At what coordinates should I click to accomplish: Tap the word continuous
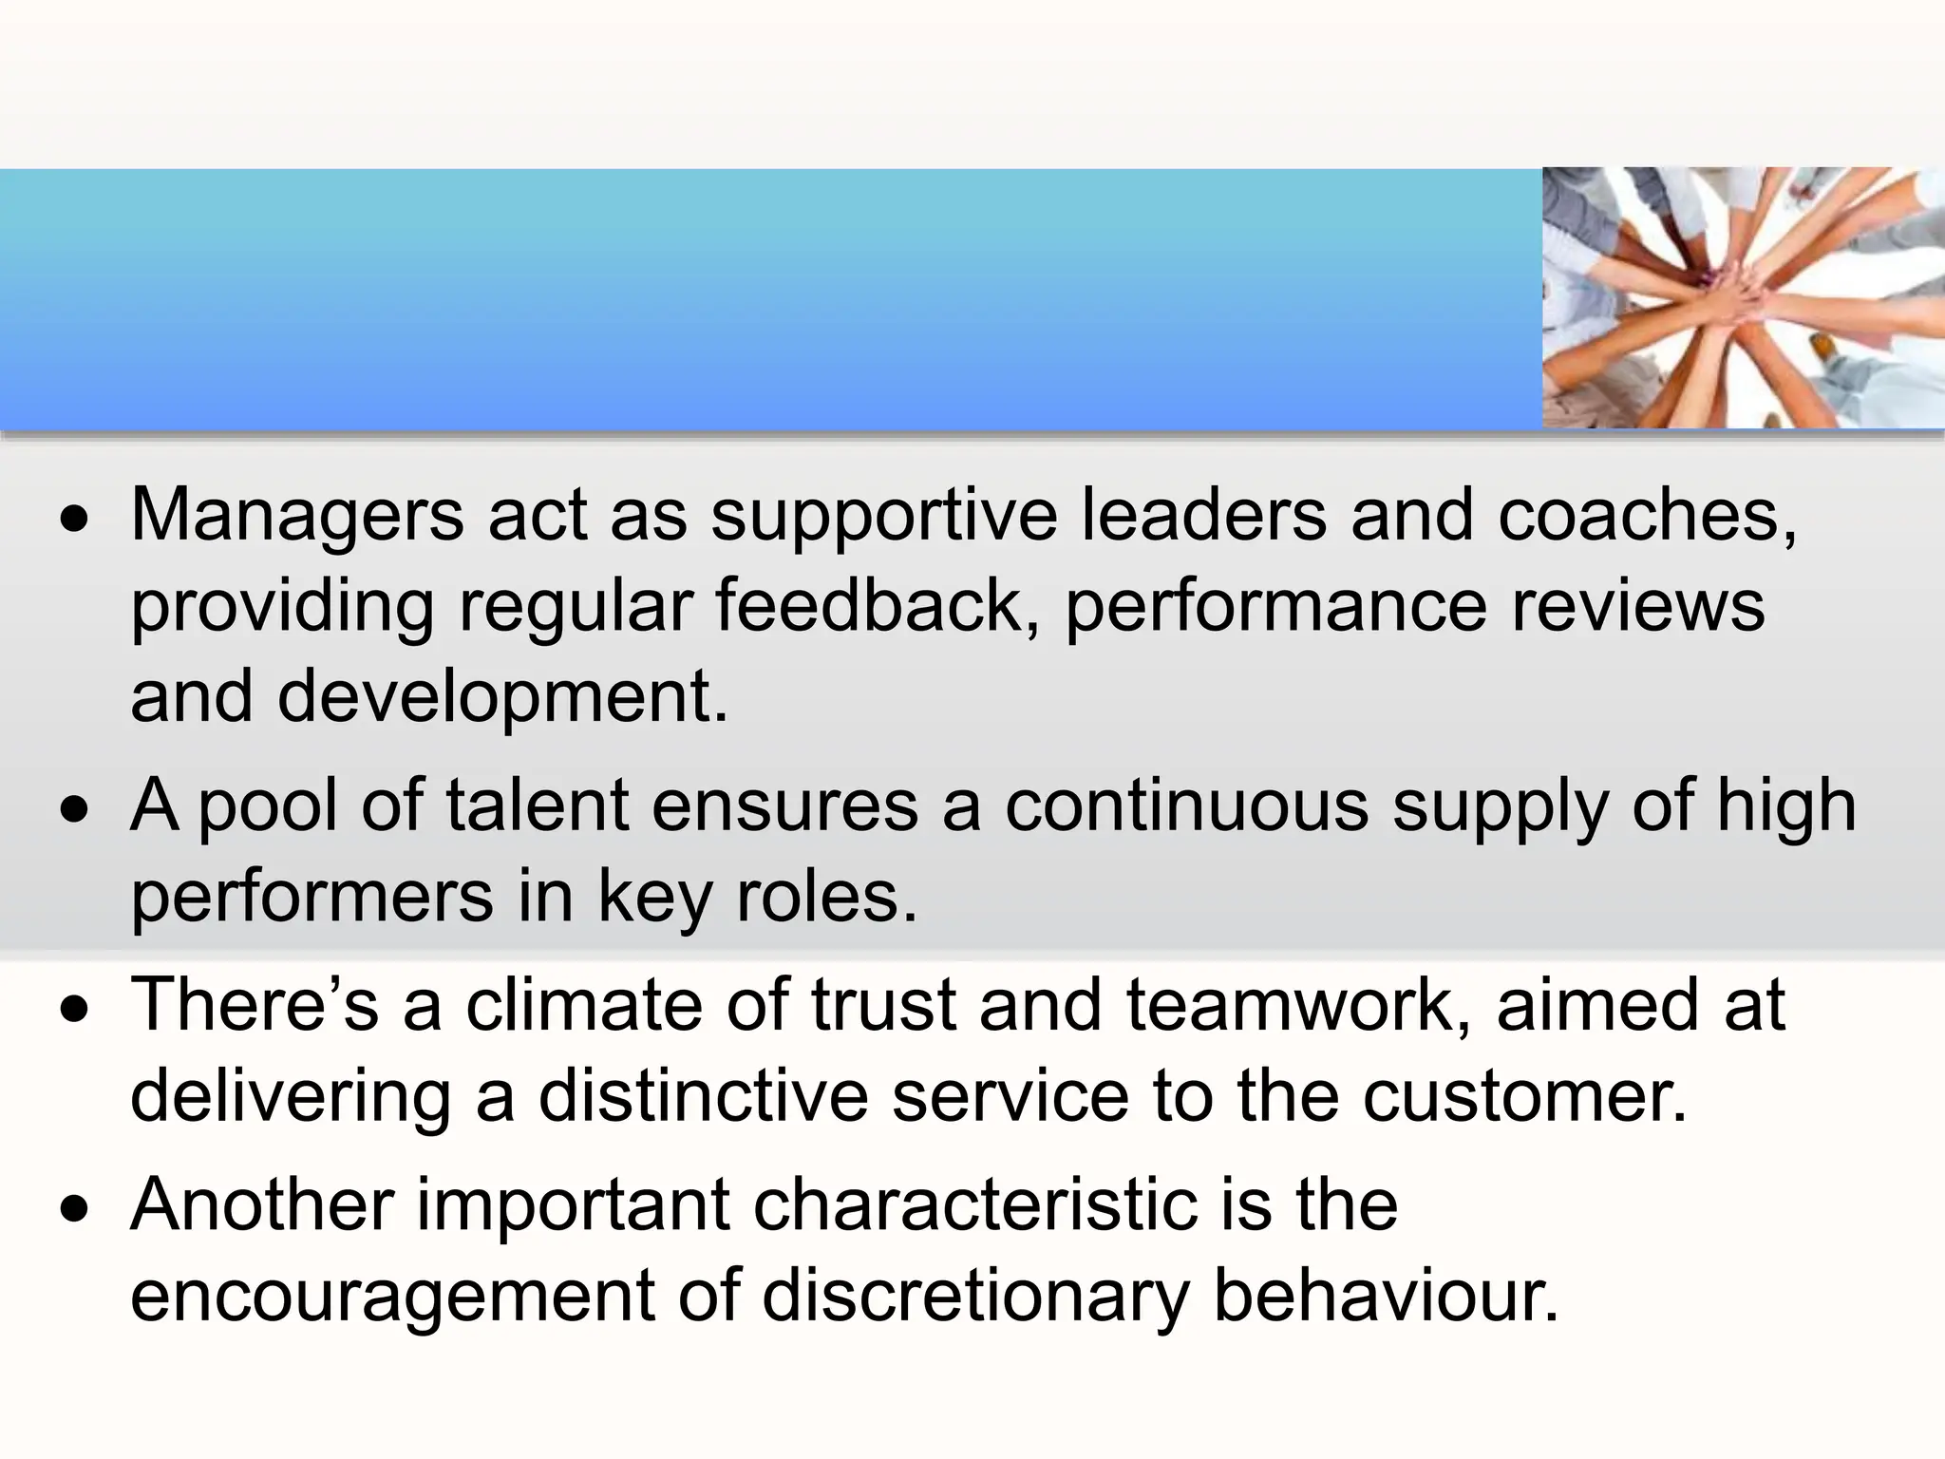pyautogui.click(x=1187, y=805)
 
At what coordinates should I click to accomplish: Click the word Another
pyautogui.click(x=262, y=1204)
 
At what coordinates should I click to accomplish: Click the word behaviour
pyautogui.click(x=1387, y=1296)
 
